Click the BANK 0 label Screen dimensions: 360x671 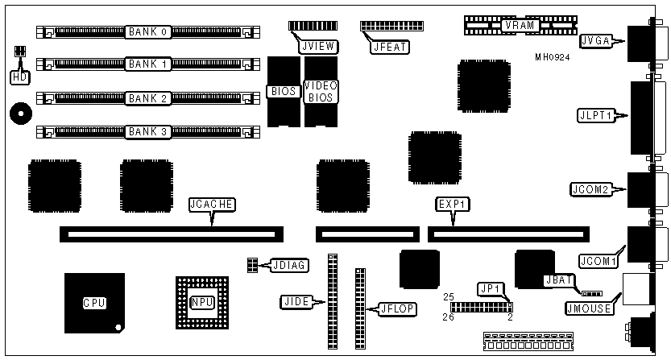pyautogui.click(x=147, y=32)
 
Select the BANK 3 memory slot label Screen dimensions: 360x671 pyautogui.click(x=147, y=130)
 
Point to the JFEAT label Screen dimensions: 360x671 pyautogui.click(x=390, y=47)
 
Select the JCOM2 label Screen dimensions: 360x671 pyautogui.click(x=594, y=190)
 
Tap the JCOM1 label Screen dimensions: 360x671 pyautogui.click(x=597, y=261)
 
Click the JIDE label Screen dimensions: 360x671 pyautogui.click(x=293, y=302)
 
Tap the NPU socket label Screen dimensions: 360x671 pyautogui.click(x=201, y=302)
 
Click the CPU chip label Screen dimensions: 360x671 pyautogui.click(x=94, y=304)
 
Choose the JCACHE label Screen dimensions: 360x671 pyautogui.click(x=211, y=205)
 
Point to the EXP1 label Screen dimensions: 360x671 pyautogui.click(x=451, y=205)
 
